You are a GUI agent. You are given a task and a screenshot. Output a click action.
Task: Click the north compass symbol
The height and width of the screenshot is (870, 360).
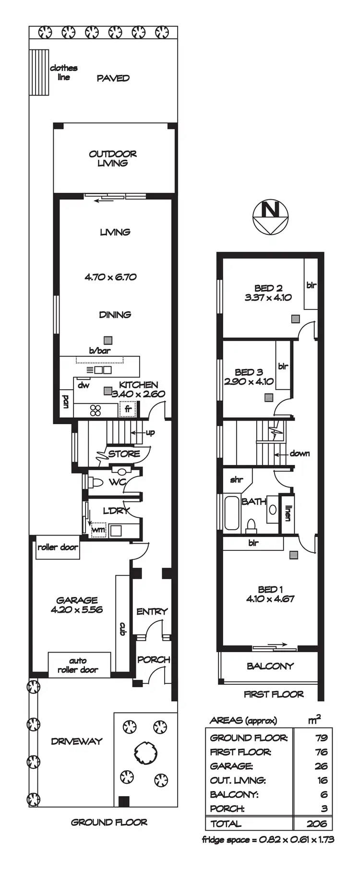[271, 217]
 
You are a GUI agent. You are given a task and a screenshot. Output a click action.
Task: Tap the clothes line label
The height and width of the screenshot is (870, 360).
[63, 72]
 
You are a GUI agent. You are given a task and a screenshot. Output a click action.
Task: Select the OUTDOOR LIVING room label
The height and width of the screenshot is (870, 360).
[113, 158]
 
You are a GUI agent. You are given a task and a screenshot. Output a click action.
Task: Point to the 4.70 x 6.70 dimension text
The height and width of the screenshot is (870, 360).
[111, 277]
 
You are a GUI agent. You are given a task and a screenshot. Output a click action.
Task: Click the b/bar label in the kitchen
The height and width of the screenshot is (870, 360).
[99, 351]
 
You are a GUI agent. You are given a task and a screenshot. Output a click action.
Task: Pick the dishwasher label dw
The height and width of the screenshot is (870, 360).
[84, 385]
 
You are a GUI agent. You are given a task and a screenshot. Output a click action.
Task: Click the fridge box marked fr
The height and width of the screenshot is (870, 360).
[128, 409]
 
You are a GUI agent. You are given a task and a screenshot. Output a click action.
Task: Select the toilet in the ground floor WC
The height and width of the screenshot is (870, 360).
[97, 482]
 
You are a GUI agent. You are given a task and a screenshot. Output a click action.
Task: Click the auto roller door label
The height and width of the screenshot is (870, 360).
[78, 665]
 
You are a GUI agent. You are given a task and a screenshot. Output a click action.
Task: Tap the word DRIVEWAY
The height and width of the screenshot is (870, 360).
[77, 741]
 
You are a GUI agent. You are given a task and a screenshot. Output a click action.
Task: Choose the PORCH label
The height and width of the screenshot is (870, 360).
[154, 659]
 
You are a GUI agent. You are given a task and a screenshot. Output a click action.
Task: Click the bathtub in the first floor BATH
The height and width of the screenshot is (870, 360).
[232, 512]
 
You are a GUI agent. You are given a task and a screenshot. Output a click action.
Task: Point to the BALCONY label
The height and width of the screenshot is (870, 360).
[270, 666]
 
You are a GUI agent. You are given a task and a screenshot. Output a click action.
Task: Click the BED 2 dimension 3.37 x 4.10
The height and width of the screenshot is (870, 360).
[268, 297]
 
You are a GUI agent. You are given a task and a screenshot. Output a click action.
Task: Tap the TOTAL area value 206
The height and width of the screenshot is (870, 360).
[317, 824]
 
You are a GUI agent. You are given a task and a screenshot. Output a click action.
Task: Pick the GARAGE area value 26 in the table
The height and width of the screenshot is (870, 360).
[321, 766]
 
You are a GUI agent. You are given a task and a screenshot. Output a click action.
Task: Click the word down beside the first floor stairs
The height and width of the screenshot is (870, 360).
[300, 453]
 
